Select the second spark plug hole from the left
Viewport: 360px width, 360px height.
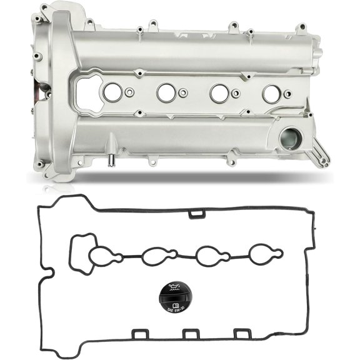pos(166,93)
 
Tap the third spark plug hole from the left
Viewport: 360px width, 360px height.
pos(219,93)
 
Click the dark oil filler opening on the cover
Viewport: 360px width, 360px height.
pos(290,139)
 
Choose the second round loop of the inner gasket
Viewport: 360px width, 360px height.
pos(153,256)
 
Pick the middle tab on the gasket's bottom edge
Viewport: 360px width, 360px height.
pos(189,335)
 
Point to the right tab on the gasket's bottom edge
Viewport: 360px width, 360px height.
pos(242,335)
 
